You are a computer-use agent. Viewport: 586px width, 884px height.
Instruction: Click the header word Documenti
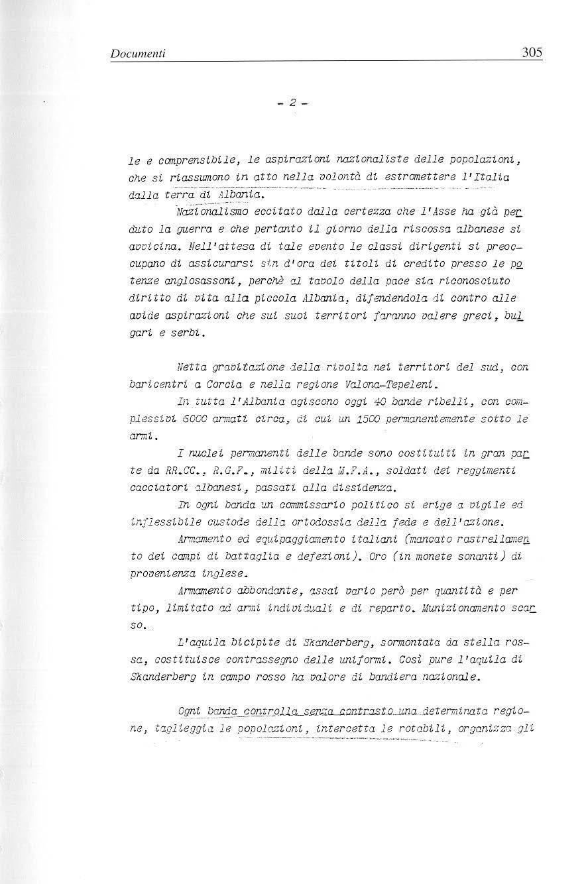point(137,52)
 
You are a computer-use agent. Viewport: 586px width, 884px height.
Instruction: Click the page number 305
point(532,52)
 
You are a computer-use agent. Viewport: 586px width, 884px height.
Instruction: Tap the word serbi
point(190,334)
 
